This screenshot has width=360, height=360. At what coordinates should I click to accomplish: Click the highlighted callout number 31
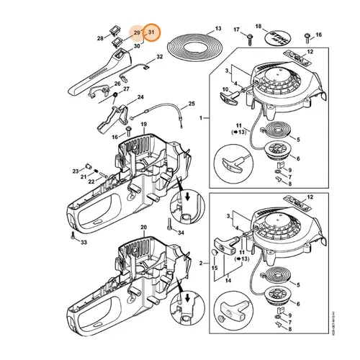coord(151,33)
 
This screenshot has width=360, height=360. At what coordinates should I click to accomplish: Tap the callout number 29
coord(136,33)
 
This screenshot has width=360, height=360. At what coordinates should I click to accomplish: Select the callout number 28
coord(100,37)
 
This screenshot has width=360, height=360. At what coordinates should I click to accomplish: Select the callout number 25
coord(192,103)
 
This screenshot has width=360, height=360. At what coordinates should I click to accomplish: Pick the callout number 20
coord(143,228)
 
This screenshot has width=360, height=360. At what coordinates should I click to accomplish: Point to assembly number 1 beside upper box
coord(200,118)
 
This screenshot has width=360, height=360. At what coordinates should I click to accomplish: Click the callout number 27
coord(126,89)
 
